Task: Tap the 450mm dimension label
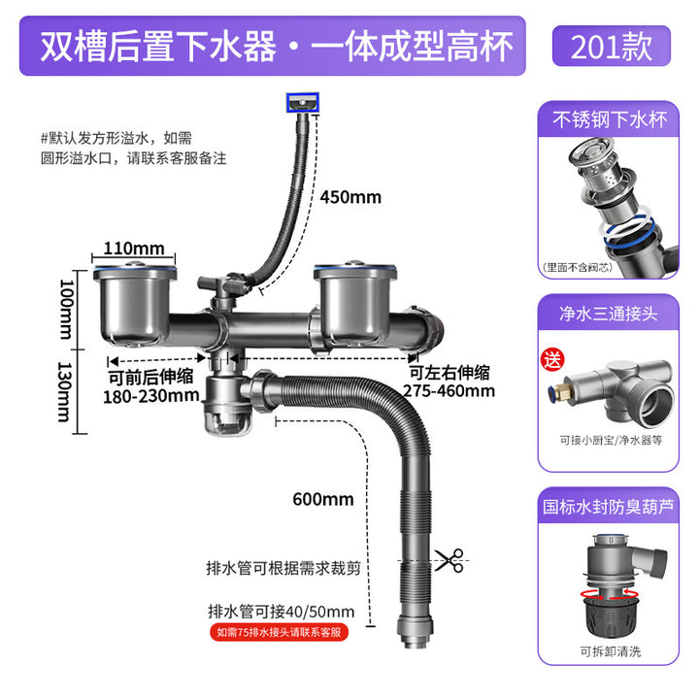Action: pyautogui.click(x=350, y=197)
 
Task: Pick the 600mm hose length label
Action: pyautogui.click(x=323, y=500)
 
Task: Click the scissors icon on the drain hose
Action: pyautogui.click(x=449, y=560)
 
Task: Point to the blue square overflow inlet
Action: pyautogui.click(x=301, y=100)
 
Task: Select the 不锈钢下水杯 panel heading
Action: pyautogui.click(x=611, y=123)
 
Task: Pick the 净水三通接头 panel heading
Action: pyautogui.click(x=611, y=315)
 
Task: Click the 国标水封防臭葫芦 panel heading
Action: pyautogui.click(x=611, y=506)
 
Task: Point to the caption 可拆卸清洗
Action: pyautogui.click(x=611, y=650)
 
